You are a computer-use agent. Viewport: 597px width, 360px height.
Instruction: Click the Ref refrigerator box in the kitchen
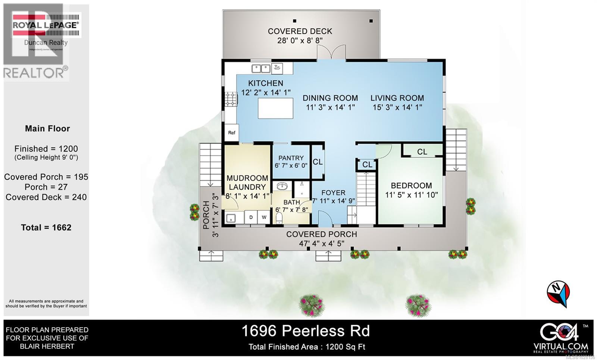231,132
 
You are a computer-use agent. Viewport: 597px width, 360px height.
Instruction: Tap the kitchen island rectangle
275,109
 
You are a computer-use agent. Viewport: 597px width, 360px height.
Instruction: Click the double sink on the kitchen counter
261,68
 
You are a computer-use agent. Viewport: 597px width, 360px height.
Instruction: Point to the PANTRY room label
291,158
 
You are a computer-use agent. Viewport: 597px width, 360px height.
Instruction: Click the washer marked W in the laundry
264,217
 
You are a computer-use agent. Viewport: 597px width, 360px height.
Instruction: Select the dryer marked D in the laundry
251,217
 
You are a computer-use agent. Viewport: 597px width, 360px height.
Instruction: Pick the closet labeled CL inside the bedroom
422,151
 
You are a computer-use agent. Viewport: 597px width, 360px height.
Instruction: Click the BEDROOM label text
411,185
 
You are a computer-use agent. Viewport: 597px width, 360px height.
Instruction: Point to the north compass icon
559,293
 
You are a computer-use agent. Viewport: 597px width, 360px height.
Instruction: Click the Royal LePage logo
46,25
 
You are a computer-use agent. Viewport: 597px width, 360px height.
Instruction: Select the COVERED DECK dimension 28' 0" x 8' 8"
300,40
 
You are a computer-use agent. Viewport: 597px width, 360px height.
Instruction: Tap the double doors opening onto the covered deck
331,52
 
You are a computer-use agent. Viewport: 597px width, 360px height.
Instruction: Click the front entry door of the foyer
324,219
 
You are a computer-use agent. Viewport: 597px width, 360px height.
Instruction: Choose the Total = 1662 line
46,228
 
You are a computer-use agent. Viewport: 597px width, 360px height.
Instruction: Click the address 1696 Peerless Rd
306,331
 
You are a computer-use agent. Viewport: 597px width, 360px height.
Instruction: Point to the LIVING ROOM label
397,98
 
